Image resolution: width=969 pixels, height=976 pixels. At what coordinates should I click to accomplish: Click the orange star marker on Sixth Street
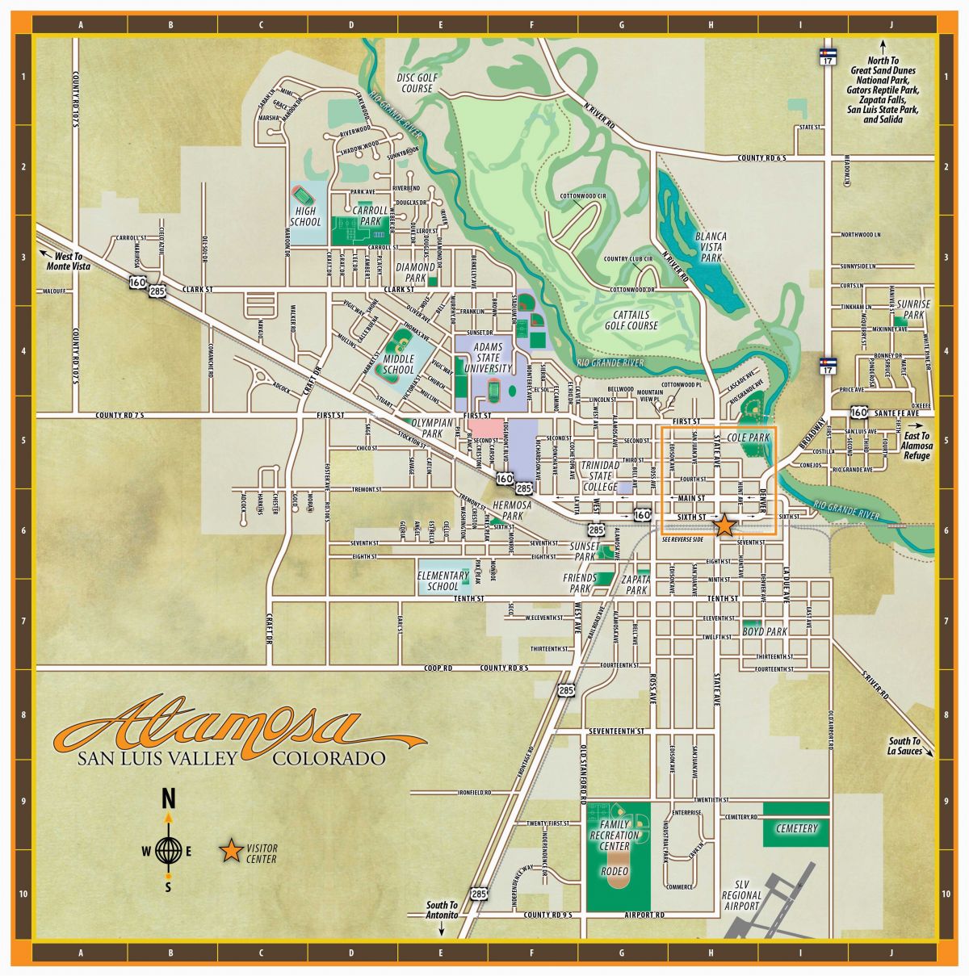[724, 525]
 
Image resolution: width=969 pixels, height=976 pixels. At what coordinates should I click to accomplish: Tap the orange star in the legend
[231, 849]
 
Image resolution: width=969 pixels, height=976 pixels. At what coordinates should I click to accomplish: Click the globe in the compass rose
[168, 849]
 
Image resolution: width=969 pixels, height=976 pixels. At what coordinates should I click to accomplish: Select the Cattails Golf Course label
[631, 320]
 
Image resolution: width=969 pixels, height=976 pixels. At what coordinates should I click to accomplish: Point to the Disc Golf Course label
[417, 82]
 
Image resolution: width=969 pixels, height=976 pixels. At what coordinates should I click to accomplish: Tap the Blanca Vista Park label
[711, 247]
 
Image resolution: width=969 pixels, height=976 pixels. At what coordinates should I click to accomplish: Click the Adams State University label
[488, 358]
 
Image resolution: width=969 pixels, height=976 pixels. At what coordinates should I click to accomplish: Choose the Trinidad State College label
[600, 476]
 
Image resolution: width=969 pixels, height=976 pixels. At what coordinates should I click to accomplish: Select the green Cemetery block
[796, 827]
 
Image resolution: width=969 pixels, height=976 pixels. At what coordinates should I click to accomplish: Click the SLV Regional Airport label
[741, 895]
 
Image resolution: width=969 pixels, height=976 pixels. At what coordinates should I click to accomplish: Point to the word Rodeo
[615, 872]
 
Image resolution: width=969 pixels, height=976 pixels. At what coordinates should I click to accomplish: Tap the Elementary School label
[443, 580]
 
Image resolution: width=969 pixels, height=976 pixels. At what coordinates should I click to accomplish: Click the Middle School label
[399, 364]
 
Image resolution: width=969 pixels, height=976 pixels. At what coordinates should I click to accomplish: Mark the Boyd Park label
[765, 631]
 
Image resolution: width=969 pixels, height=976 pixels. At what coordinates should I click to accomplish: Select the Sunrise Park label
[913, 309]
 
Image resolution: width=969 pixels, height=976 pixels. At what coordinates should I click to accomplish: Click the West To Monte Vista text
[67, 260]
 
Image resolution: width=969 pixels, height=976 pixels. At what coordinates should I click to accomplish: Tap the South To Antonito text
[442, 910]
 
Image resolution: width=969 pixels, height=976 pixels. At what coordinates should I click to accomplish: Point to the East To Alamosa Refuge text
[916, 445]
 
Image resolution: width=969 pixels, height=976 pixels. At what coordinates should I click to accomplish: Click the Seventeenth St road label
[617, 731]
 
